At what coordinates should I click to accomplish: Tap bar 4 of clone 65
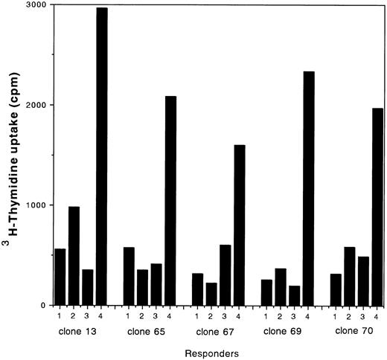click(170, 200)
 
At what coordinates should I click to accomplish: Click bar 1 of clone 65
click(129, 275)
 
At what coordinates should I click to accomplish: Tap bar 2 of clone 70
click(349, 275)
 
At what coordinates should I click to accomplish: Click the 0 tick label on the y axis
click(42, 305)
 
